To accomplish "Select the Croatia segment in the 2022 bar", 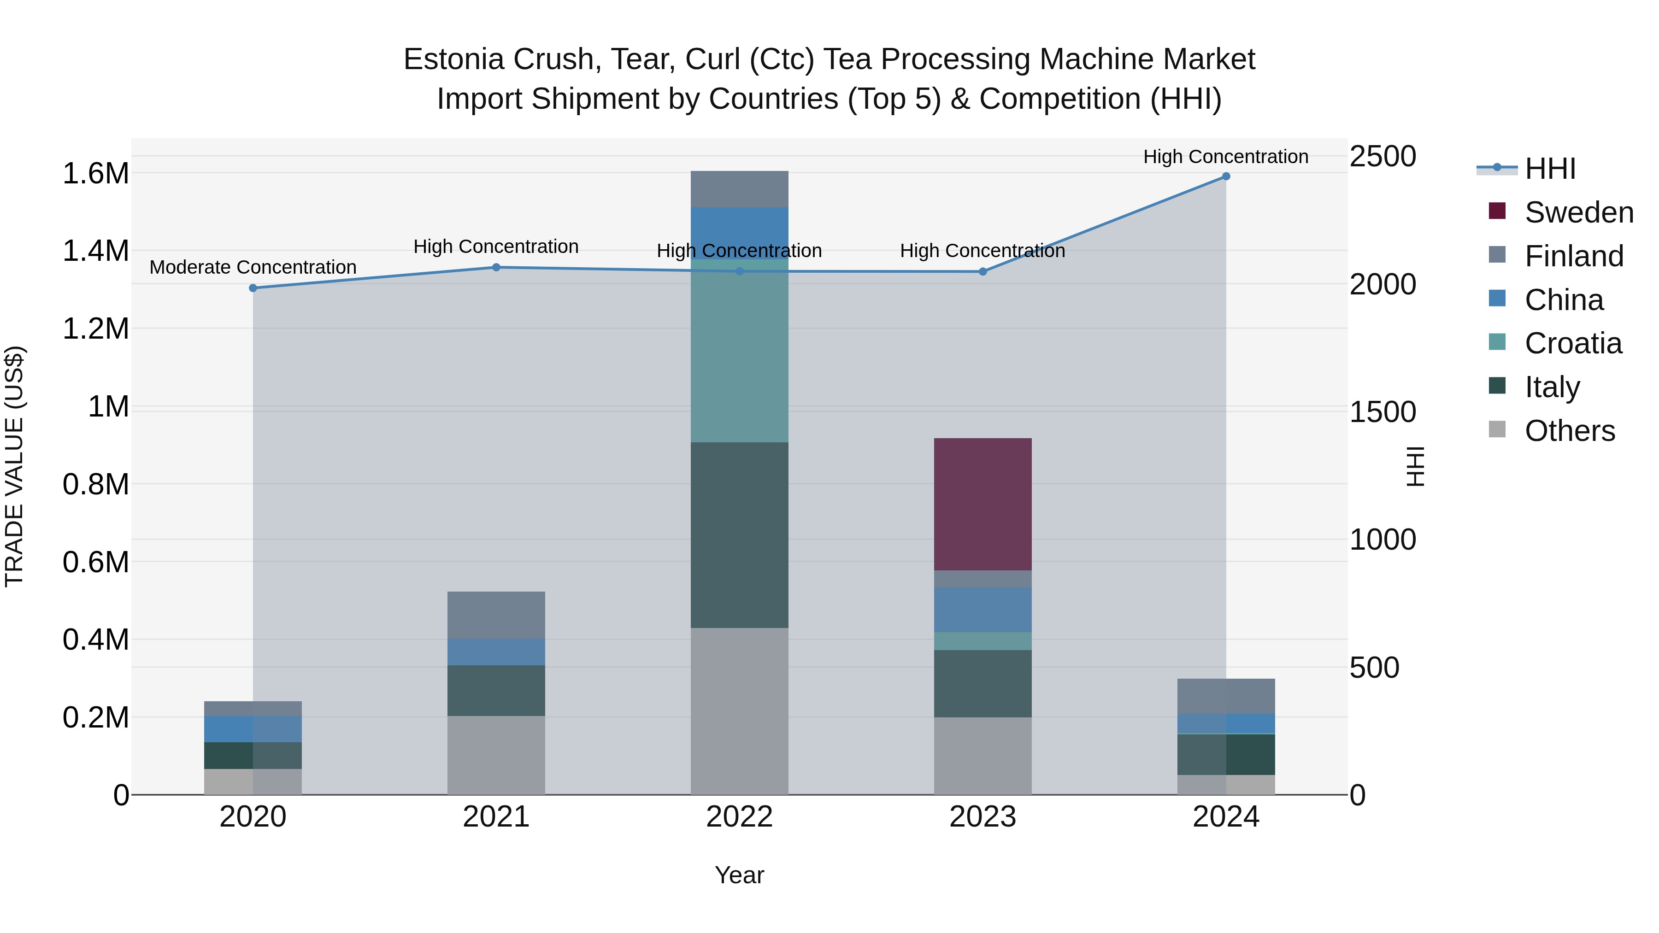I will tap(739, 351).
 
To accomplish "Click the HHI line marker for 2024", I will tap(1225, 176).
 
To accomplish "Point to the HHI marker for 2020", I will tap(253, 288).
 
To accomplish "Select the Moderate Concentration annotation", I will tap(253, 267).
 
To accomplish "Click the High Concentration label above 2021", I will tap(496, 246).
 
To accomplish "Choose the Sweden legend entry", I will tap(1578, 212).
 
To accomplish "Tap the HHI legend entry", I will tap(1549, 169).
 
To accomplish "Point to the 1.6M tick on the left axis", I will tap(95, 174).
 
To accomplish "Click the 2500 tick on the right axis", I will tap(1382, 157).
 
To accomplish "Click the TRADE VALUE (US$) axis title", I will tap(14, 466).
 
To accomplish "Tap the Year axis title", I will tap(739, 875).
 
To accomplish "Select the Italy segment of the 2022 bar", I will tap(739, 534).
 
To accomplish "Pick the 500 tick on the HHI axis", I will tap(1374, 668).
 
